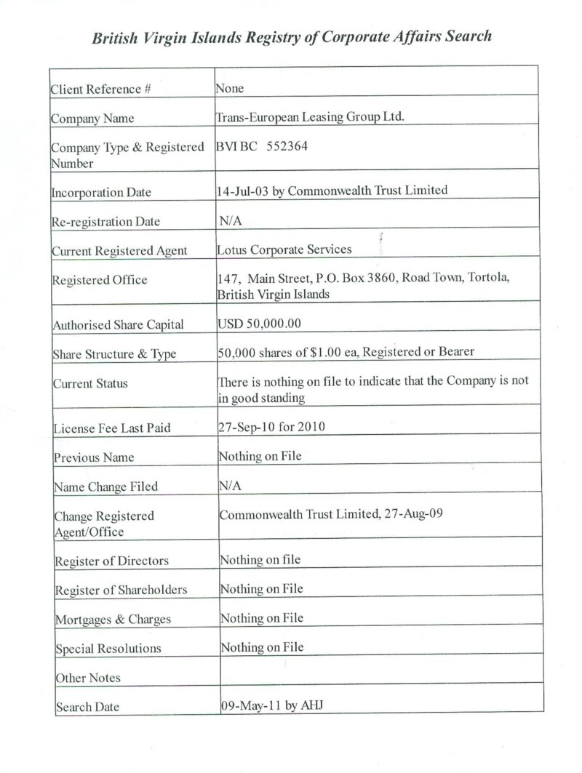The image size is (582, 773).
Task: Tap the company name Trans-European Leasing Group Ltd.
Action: click(x=310, y=117)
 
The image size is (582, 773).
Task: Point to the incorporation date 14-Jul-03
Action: click(x=239, y=191)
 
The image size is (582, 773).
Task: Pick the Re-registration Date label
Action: click(x=105, y=222)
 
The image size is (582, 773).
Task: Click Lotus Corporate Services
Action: click(x=284, y=249)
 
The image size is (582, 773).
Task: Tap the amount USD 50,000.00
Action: click(x=259, y=324)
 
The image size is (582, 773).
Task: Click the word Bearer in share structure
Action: click(x=455, y=352)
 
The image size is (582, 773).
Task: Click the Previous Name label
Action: click(x=94, y=458)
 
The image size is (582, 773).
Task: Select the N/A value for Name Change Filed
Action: click(x=231, y=486)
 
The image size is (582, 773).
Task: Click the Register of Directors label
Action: click(x=111, y=561)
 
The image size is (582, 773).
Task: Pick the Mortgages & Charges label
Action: click(x=113, y=620)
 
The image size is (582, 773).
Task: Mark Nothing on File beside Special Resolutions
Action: click(x=262, y=647)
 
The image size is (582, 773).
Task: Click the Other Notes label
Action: click(x=88, y=678)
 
